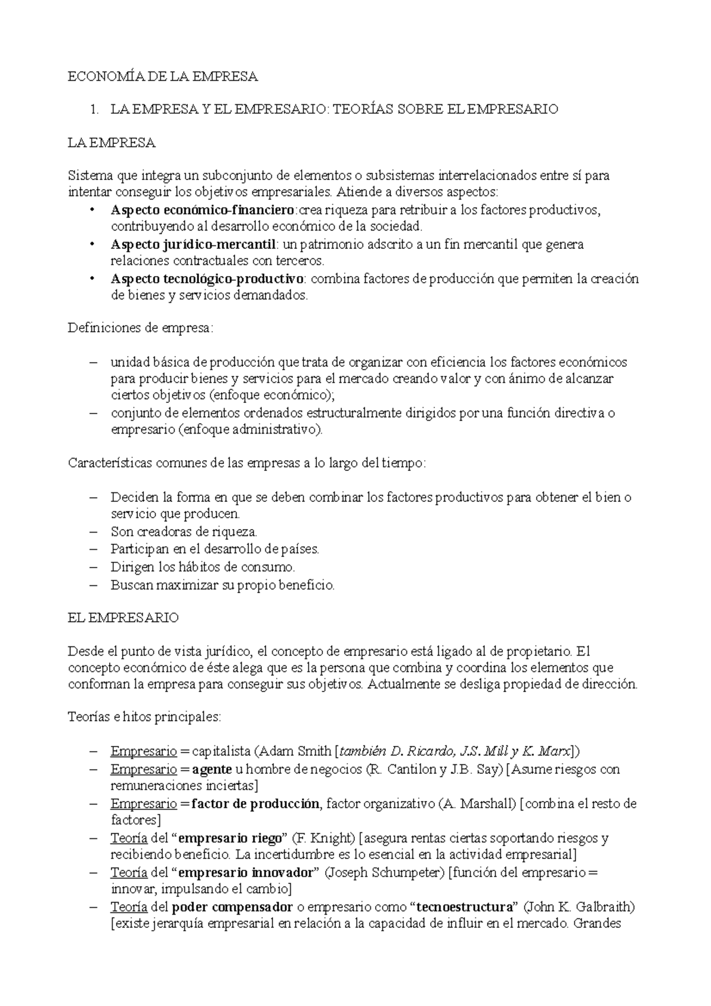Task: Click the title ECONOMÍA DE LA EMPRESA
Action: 163,76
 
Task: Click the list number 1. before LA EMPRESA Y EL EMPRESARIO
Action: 92,109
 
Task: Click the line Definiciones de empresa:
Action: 140,328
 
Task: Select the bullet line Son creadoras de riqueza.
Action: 184,532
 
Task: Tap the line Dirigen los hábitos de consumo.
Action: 203,567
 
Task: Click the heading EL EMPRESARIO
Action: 123,618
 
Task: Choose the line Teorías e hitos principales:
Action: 145,717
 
